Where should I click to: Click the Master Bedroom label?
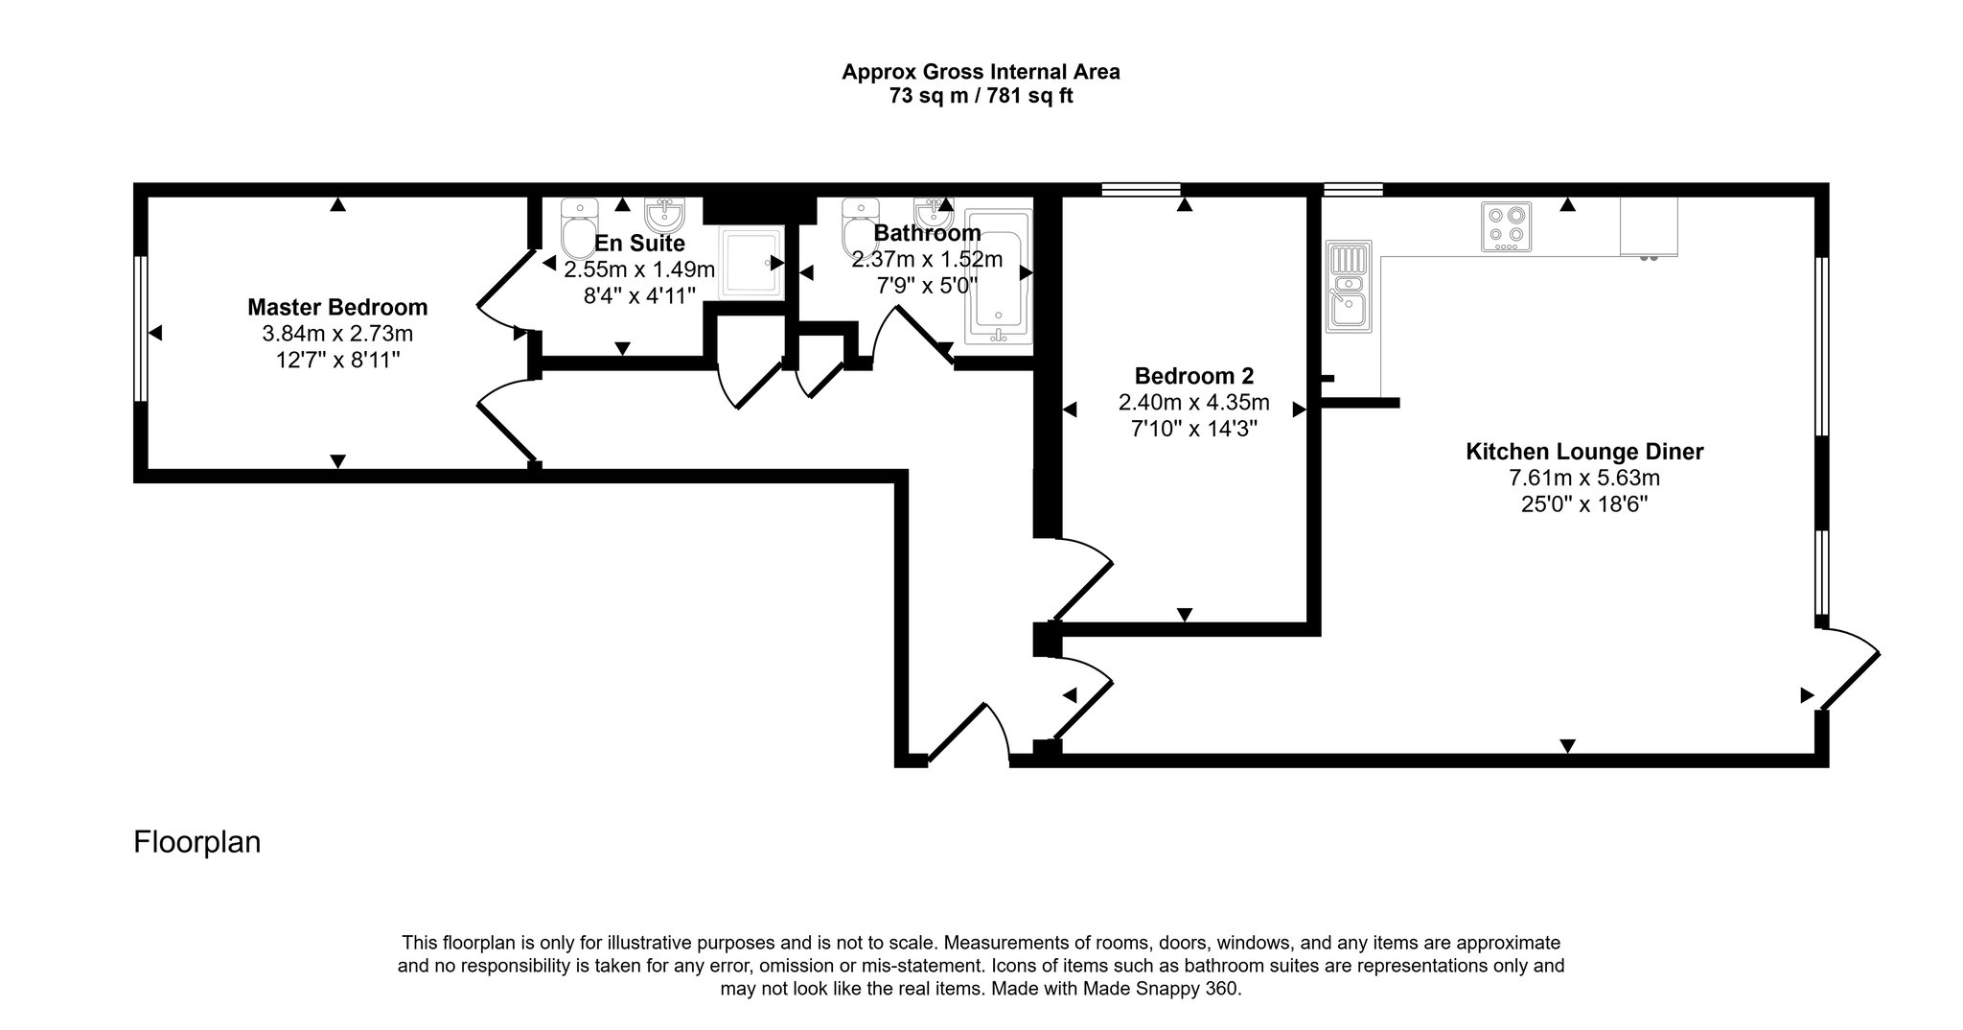(x=337, y=308)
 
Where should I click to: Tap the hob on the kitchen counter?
(x=1506, y=226)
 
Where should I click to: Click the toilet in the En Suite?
(x=579, y=230)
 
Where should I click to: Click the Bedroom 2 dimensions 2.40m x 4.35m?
(x=1193, y=402)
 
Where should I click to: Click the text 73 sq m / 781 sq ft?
(x=981, y=96)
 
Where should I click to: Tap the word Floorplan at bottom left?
(x=196, y=842)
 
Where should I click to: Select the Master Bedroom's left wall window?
(x=140, y=328)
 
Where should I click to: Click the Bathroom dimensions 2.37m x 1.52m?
(x=927, y=259)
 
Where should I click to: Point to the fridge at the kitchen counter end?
(x=1649, y=227)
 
